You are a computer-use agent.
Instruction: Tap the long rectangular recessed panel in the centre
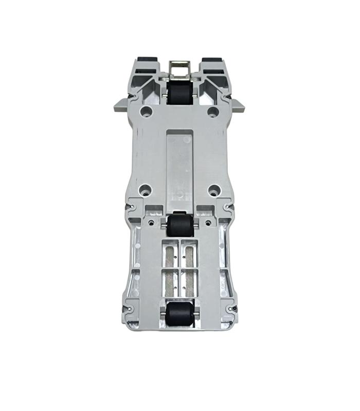179,164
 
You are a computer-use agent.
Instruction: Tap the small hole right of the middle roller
207,223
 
